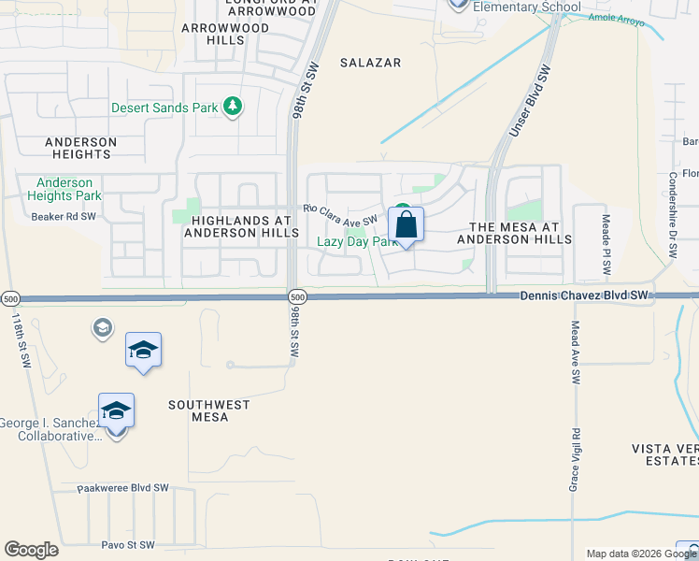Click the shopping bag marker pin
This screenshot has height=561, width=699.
point(406,225)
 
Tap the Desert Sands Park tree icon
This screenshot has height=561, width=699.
point(234,108)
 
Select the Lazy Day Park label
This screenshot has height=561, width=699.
point(358,241)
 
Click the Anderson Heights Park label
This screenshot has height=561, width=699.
point(64,189)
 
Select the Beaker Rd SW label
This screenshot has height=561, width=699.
point(63,216)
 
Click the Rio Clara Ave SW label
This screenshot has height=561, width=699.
point(339,216)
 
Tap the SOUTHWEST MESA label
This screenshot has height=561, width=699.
point(209,410)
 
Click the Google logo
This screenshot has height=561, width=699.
point(31,550)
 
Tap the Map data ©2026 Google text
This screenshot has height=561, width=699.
point(629,554)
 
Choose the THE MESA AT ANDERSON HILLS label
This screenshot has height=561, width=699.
point(514,233)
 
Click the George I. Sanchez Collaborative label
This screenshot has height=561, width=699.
point(51,429)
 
